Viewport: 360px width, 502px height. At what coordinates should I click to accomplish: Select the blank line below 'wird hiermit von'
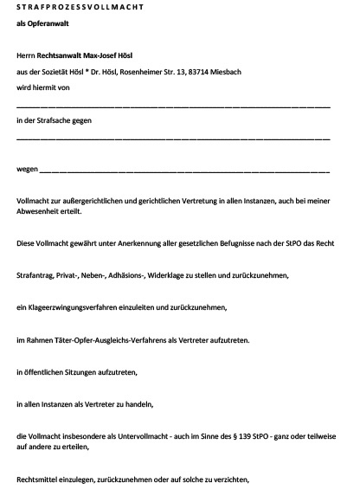click(x=173, y=106)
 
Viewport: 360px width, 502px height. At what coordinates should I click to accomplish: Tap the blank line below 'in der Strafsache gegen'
click(x=173, y=138)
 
